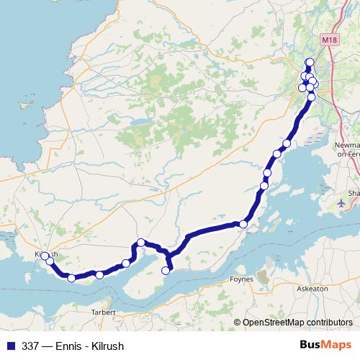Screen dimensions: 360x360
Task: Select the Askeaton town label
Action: [x=312, y=288]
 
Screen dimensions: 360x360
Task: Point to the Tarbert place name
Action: [x=104, y=312]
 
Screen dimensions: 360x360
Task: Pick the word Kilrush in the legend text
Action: [x=108, y=346]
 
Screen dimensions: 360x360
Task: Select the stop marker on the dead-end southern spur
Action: [x=166, y=271]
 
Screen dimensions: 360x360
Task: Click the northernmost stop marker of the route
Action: [x=310, y=62]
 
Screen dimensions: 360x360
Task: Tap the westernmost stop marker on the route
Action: [x=45, y=256]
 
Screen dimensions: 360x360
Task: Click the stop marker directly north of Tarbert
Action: [x=99, y=274]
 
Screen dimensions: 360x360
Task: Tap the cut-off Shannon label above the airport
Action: [x=354, y=193]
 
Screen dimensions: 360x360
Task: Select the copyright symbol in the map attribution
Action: [x=238, y=323]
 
